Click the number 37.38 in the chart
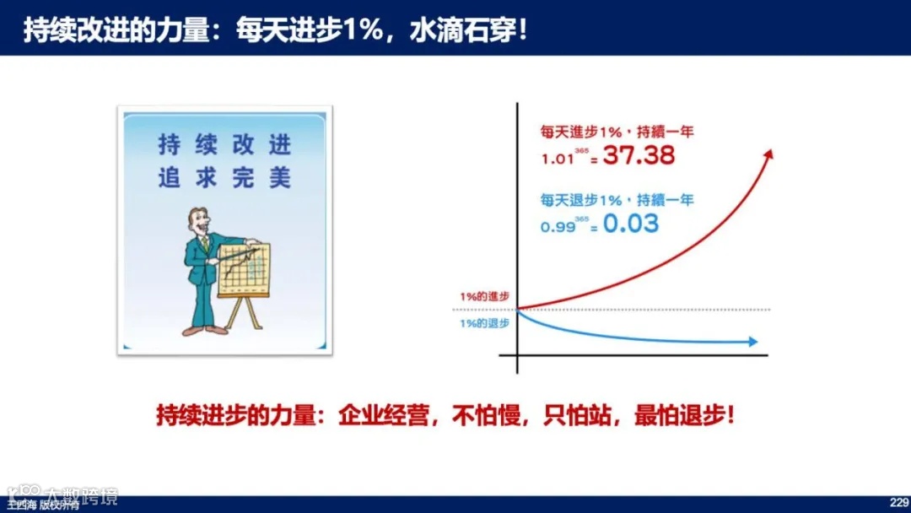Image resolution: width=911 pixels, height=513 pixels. tap(638, 155)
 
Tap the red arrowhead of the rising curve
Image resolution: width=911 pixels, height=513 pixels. tap(768, 154)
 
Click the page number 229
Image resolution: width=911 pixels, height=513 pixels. tap(897, 500)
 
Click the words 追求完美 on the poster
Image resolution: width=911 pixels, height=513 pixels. tap(224, 178)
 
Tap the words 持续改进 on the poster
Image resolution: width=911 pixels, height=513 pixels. tap(224, 145)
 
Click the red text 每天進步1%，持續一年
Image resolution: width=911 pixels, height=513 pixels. tap(617, 132)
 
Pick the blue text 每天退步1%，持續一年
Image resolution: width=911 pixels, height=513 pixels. tap(617, 200)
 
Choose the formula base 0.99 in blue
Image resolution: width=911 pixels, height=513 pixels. tap(558, 226)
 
